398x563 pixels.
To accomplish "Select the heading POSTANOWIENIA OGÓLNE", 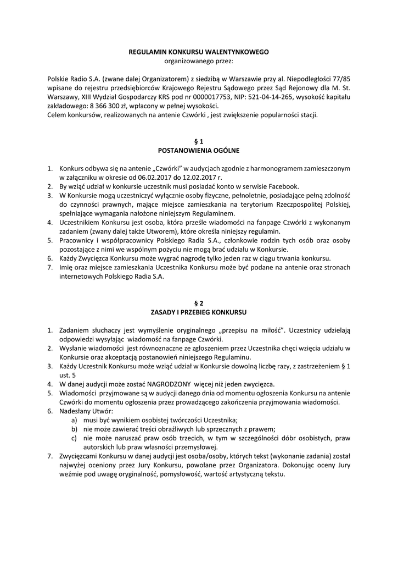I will point(199,150).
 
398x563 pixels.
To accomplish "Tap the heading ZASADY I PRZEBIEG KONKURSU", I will point(199,311).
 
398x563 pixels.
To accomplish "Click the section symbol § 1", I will point(199,141).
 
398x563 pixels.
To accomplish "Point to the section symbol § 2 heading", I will point(199,302).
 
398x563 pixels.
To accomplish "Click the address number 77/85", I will point(340,79).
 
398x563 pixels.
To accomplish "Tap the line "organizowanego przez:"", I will point(199,60).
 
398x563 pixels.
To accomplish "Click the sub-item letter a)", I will point(74,420).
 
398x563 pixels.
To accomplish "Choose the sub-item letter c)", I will point(74,438).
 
